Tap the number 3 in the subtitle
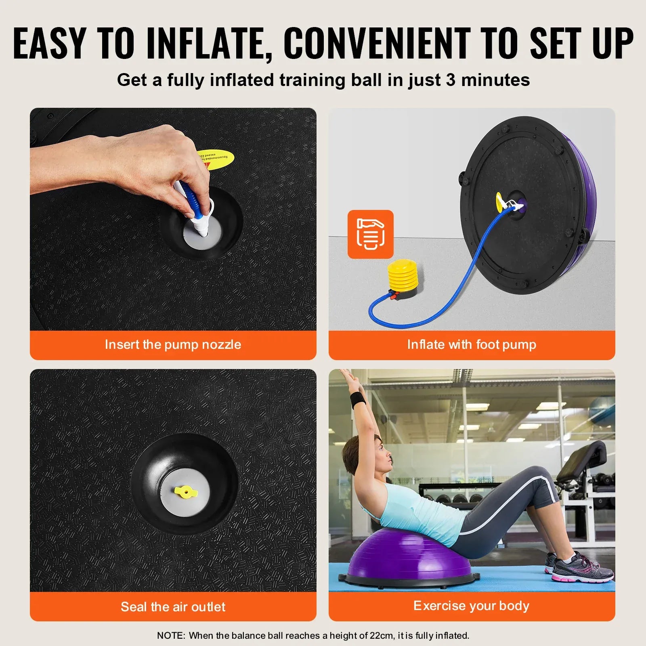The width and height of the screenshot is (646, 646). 451,80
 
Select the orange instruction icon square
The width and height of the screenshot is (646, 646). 370,234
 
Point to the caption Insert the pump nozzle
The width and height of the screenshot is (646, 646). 173,344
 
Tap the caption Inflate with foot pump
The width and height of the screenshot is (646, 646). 472,344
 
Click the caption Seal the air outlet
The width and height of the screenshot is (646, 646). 173,606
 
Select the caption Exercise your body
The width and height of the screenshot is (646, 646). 472,606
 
